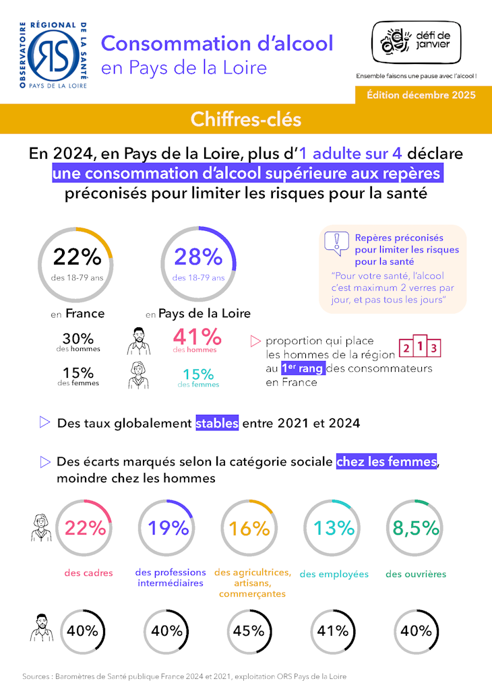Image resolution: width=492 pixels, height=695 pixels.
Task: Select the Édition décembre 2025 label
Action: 421,95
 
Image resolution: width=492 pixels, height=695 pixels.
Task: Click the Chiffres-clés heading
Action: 245,119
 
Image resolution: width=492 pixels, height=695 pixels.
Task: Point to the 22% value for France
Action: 77,257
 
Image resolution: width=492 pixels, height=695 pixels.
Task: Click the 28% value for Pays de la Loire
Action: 198,257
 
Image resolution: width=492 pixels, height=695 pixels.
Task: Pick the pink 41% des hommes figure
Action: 197,337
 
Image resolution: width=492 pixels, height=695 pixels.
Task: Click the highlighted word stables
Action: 217,424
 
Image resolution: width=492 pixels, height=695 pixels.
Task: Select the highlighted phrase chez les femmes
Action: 386,462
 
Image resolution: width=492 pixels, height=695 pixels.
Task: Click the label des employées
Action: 334,574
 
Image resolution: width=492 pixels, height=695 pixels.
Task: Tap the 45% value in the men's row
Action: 249,631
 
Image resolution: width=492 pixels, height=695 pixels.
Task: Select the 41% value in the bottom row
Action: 333,631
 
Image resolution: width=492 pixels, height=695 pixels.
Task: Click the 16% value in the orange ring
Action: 249,528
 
